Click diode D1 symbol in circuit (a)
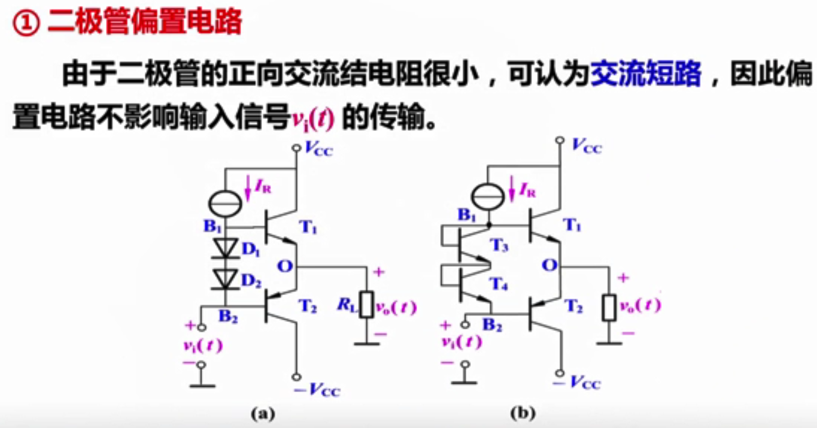[225, 248]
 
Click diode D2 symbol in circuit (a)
[225, 279]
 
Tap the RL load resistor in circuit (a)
[367, 305]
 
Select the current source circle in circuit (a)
[225, 204]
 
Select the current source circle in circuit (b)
[488, 197]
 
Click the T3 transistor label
[499, 245]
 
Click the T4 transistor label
[499, 285]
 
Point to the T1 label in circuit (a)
[308, 227]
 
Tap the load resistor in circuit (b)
[609, 308]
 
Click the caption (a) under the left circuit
[263, 413]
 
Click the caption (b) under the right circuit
[523, 413]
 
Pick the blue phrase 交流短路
[645, 74]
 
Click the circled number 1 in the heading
[26, 23]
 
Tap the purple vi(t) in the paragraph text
[313, 118]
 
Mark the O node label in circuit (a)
[284, 266]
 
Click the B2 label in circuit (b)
[492, 325]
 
